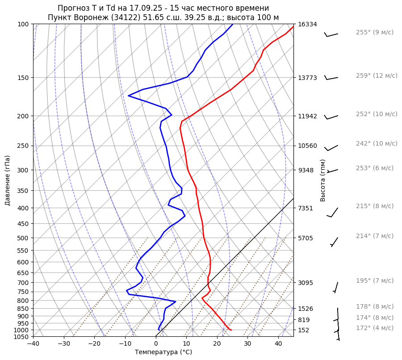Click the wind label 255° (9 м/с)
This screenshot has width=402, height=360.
click(374, 33)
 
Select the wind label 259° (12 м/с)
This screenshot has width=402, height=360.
click(377, 76)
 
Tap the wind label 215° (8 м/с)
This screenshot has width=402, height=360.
click(374, 206)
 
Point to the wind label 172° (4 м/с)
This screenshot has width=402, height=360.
click(374, 328)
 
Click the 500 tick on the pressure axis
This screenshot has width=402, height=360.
click(24, 238)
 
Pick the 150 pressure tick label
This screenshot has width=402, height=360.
click(24, 78)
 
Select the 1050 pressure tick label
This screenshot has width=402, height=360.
click(22, 337)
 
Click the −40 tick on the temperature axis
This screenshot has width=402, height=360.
click(33, 344)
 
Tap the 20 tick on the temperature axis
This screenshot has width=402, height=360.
click(217, 344)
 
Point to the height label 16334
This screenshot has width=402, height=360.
click(307, 24)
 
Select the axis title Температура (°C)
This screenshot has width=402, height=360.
click(163, 352)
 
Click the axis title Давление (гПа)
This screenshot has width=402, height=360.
click(8, 180)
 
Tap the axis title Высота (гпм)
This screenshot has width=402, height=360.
click(323, 180)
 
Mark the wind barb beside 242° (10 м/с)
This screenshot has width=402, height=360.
click(331, 148)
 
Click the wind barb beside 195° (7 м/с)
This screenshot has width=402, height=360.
click(336, 287)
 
